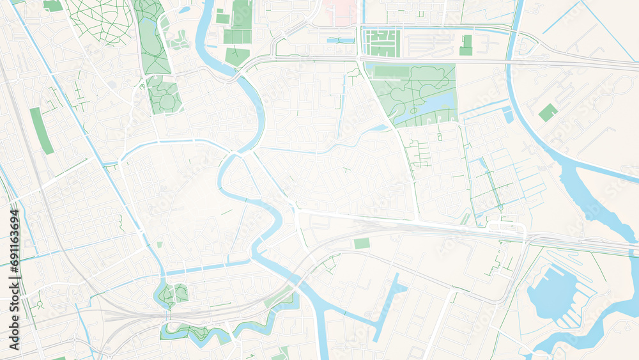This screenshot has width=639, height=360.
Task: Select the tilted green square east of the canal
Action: click(x=548, y=113)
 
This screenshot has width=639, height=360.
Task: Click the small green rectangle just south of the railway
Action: click(x=362, y=244)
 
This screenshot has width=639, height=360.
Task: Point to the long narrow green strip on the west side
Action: click(x=42, y=130)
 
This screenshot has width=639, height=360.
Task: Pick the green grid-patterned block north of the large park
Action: click(x=381, y=43)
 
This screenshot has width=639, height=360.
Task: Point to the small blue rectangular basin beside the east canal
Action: click(x=509, y=117)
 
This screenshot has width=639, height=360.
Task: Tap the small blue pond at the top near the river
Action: click(x=185, y=10)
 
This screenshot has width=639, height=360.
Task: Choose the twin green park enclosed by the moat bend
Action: click(x=173, y=293)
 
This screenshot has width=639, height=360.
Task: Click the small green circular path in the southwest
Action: click(x=39, y=303)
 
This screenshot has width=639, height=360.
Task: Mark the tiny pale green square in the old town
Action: click(x=159, y=244)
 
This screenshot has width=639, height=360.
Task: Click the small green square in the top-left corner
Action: click(x=52, y=5)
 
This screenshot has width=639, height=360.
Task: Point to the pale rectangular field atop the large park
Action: click(x=392, y=72)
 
